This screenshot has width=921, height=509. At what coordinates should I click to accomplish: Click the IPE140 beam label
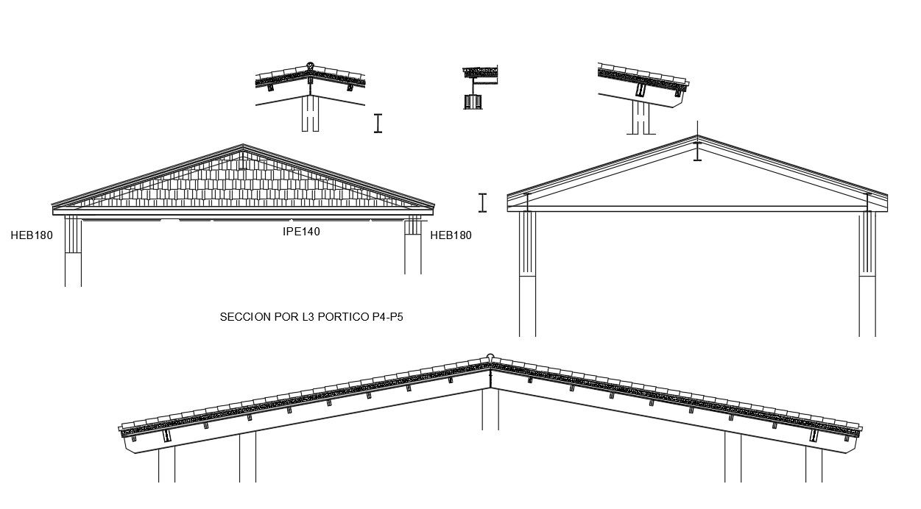click(x=301, y=231)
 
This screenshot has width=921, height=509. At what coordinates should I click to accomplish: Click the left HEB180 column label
click(x=32, y=235)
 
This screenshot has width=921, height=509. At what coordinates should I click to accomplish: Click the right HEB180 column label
click(x=451, y=235)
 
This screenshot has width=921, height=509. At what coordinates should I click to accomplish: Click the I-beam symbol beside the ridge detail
click(x=378, y=123)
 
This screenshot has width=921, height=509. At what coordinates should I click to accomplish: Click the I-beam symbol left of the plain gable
click(x=482, y=202)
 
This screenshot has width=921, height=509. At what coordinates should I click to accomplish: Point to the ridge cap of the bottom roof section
click(x=490, y=358)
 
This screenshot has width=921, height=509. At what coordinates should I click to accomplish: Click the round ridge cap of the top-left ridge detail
click(x=310, y=65)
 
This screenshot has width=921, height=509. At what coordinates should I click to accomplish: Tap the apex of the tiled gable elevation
click(x=244, y=146)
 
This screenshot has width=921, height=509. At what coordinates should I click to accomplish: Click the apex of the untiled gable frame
click(x=697, y=137)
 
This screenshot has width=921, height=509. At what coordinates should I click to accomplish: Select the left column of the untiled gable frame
click(x=527, y=272)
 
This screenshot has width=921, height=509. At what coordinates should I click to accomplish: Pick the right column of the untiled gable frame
click(x=867, y=272)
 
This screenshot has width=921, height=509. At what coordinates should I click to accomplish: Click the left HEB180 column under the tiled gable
click(x=72, y=250)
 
